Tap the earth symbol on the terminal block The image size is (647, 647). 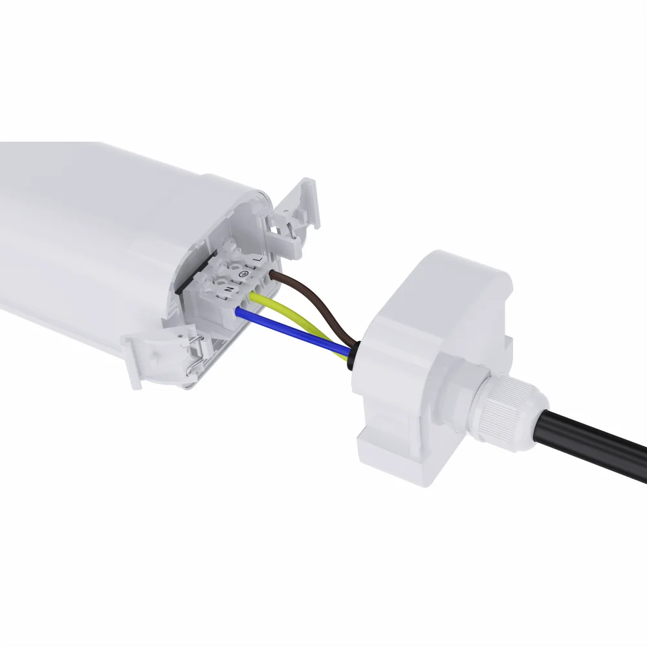244,274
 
